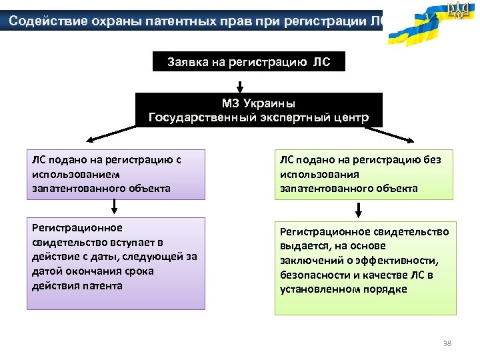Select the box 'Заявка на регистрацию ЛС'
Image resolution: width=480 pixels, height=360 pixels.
click(240, 63)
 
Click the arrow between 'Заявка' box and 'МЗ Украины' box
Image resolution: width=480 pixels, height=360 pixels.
click(240, 86)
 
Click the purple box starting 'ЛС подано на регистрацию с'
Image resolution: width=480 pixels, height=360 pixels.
click(115, 174)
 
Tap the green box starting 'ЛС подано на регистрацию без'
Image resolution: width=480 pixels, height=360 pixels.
click(365, 174)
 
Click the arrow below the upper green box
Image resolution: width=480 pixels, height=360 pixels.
click(359, 210)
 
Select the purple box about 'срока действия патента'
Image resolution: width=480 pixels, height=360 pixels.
click(115, 263)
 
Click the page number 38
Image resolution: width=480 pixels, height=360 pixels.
click(447, 343)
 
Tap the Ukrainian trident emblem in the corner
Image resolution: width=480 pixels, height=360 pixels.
click(459, 11)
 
